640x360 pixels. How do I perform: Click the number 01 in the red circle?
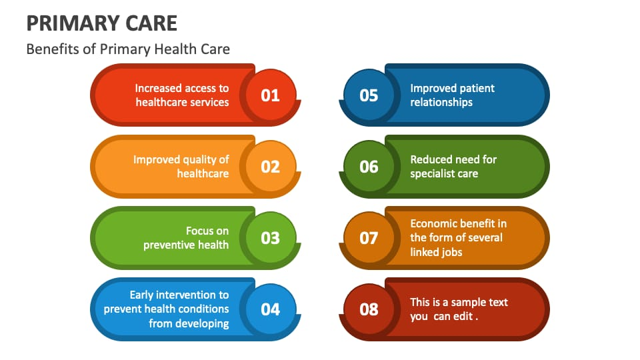(x=270, y=95)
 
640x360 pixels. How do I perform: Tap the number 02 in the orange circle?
(x=270, y=167)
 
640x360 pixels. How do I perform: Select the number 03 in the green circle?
(x=270, y=238)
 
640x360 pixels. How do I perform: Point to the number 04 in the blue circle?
(x=270, y=309)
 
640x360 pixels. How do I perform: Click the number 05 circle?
(x=369, y=95)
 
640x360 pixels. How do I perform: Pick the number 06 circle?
(x=369, y=166)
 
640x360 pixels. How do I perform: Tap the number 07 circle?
(x=369, y=237)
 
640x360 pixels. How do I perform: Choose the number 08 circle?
(x=369, y=309)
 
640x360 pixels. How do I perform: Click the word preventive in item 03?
(x=169, y=245)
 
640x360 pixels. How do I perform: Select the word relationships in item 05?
(x=441, y=103)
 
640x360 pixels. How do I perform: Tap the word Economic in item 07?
(x=432, y=224)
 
